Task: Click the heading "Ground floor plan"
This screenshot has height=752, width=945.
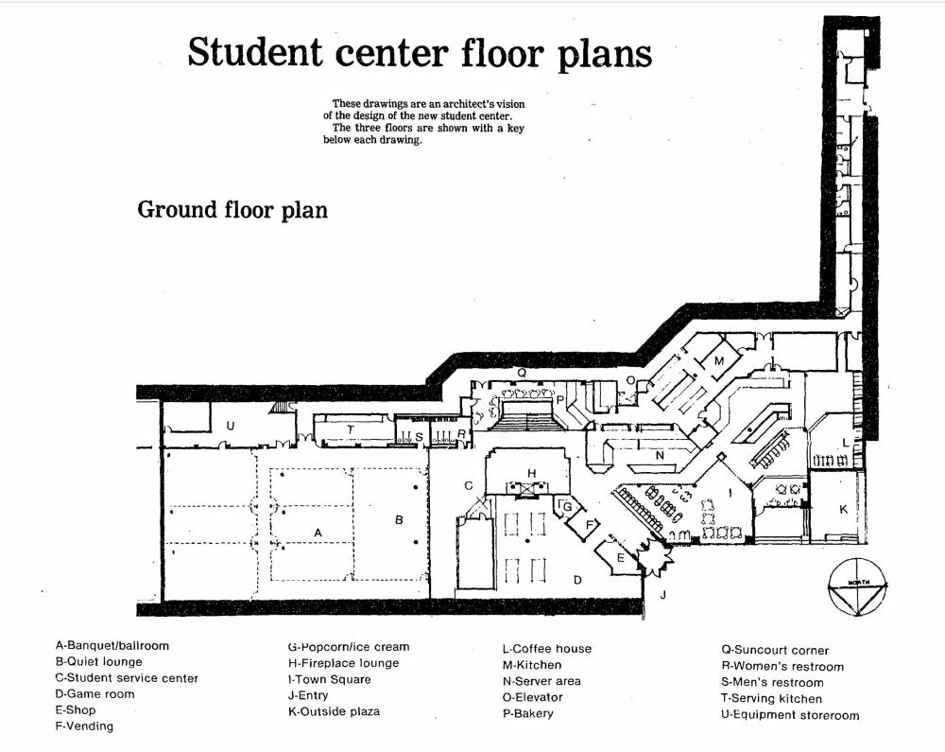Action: tap(232, 209)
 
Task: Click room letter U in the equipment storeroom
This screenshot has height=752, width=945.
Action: tap(231, 427)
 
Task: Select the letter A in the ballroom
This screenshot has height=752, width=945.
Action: tap(318, 533)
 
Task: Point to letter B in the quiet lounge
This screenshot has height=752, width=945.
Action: tap(399, 519)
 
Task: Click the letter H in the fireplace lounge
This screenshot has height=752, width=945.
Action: tap(532, 473)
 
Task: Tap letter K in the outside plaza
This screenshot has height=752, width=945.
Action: tap(844, 509)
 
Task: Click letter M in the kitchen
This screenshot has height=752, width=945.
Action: tap(719, 361)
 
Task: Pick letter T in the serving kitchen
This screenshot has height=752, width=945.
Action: tap(351, 428)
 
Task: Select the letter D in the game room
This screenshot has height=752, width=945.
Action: tap(577, 579)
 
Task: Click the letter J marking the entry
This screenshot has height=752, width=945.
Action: tap(662, 594)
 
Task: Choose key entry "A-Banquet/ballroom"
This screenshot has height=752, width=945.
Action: tap(112, 646)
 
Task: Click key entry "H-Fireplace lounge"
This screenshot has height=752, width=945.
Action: tap(343, 663)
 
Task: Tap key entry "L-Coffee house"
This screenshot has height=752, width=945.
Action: tap(546, 649)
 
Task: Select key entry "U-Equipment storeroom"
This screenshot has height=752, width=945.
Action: tap(789, 715)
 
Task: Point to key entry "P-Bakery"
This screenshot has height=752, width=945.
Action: tap(527, 713)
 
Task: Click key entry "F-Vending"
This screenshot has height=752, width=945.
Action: tap(84, 726)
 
